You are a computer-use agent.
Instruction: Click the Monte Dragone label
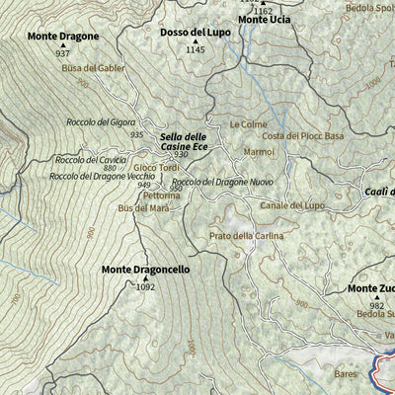63,37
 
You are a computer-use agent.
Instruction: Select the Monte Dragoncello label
146,269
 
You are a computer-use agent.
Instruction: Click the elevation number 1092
146,287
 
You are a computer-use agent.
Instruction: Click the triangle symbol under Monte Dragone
63,45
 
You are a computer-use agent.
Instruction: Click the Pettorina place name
159,196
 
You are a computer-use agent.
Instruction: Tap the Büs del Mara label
137,208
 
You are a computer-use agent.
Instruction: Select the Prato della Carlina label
246,236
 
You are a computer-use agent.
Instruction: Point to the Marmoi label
259,151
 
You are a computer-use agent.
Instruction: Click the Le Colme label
248,124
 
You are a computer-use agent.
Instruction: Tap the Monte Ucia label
264,20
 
